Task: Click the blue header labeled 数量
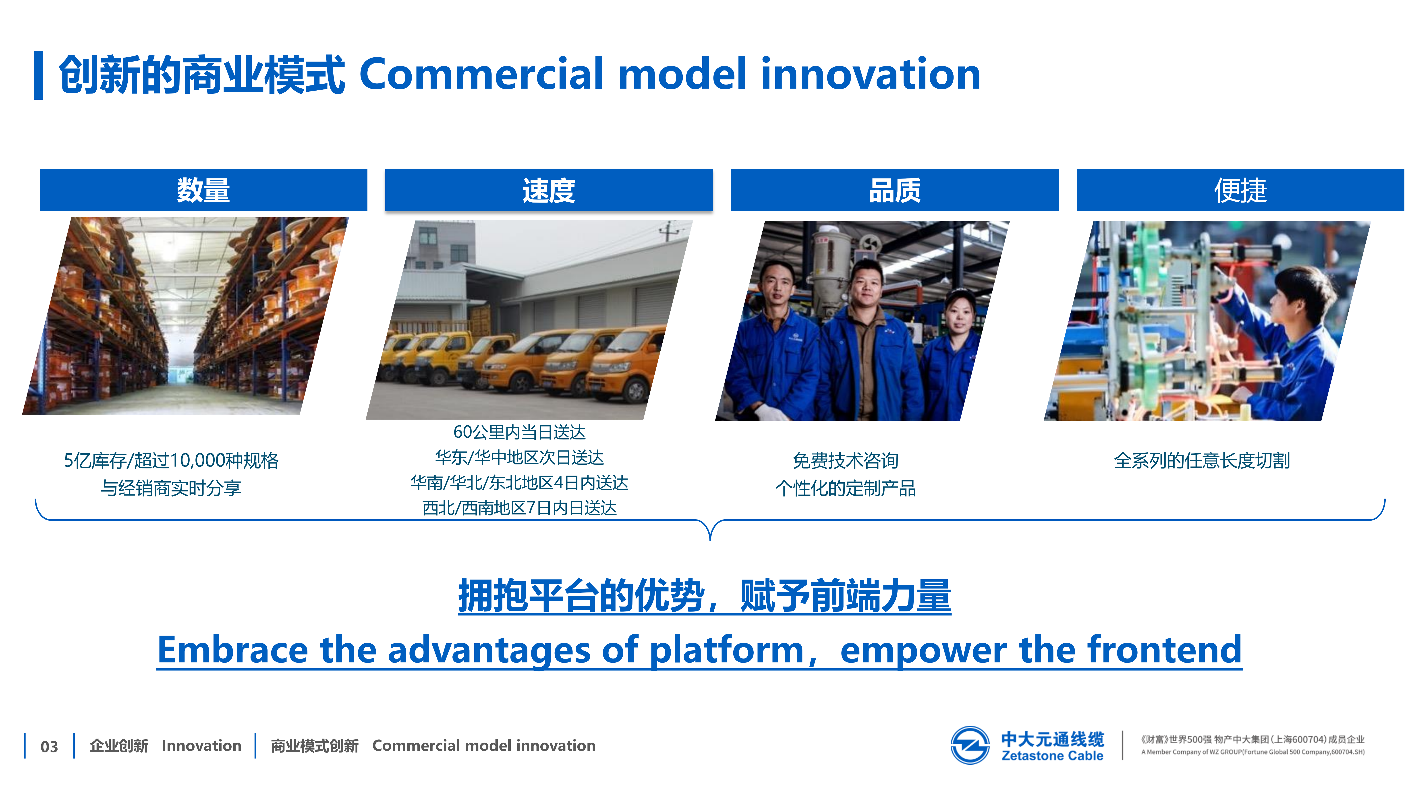pyautogui.click(x=203, y=190)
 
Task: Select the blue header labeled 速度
pyautogui.click(x=549, y=190)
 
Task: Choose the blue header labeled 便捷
pyautogui.click(x=1240, y=190)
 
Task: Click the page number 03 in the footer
pyautogui.click(x=49, y=746)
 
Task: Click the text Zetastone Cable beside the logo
pyautogui.click(x=1052, y=756)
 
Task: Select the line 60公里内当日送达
pyautogui.click(x=519, y=432)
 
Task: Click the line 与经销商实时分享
pyautogui.click(x=171, y=488)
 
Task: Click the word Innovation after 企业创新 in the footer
pyautogui.click(x=201, y=745)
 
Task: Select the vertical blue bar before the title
pyautogui.click(x=38, y=75)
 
